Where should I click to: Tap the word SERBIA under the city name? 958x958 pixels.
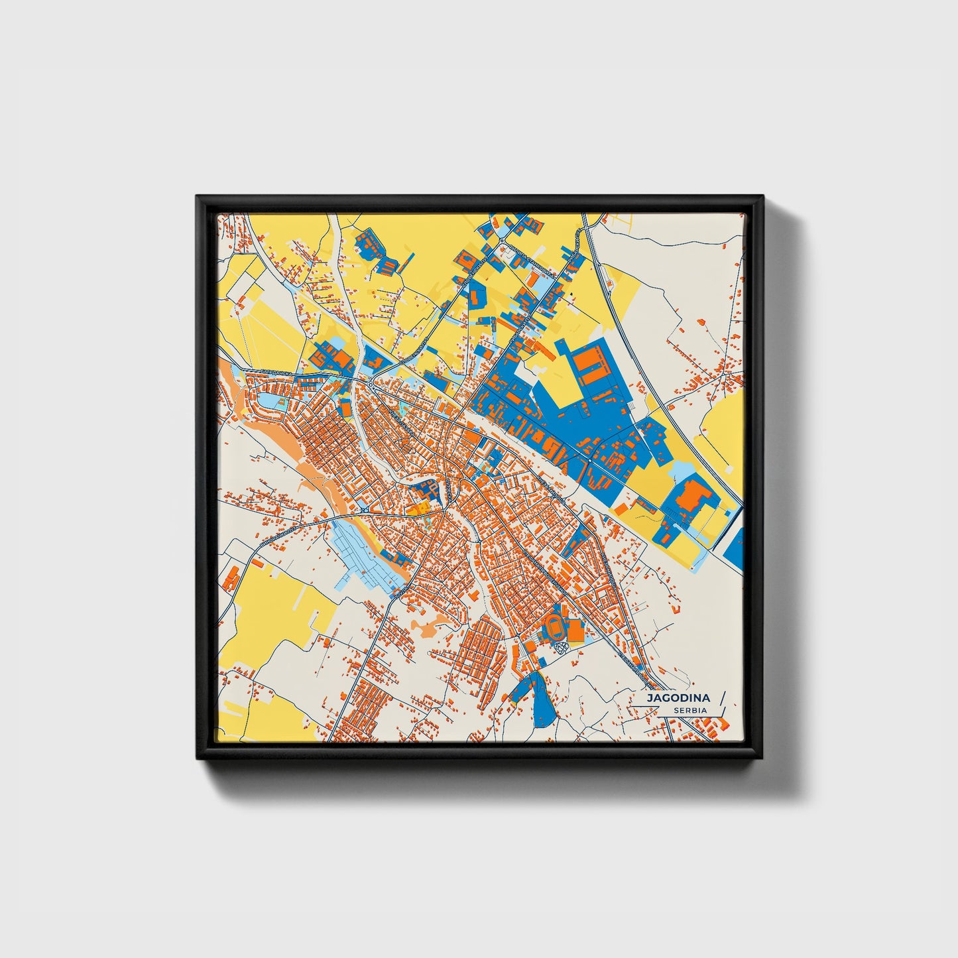click(x=689, y=710)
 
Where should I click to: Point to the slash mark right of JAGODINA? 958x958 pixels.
click(x=721, y=697)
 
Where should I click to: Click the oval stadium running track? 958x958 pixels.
click(x=553, y=626)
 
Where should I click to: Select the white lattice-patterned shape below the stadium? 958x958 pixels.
click(x=561, y=648)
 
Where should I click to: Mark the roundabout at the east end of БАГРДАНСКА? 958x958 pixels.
click(x=370, y=384)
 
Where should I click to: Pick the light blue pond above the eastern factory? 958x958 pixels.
click(x=683, y=473)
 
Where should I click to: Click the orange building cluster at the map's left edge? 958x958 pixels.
click(x=231, y=577)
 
